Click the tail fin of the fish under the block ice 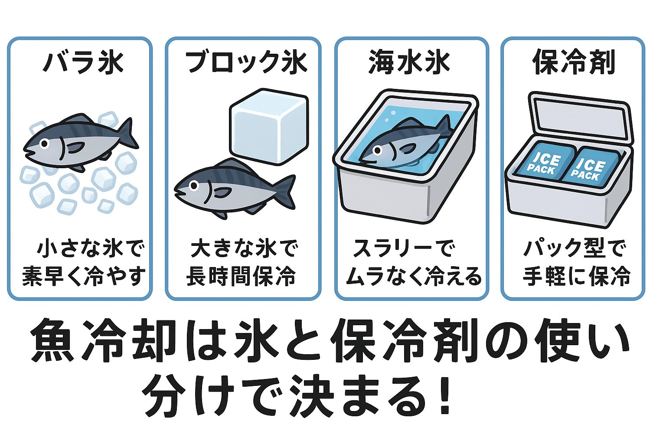point(284,191)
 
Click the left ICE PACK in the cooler point(545,164)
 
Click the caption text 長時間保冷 point(241,276)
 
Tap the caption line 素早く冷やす point(83,276)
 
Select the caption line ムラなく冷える point(413,276)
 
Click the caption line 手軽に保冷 point(576,276)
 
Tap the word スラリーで point(404,249)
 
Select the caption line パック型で point(575,249)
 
